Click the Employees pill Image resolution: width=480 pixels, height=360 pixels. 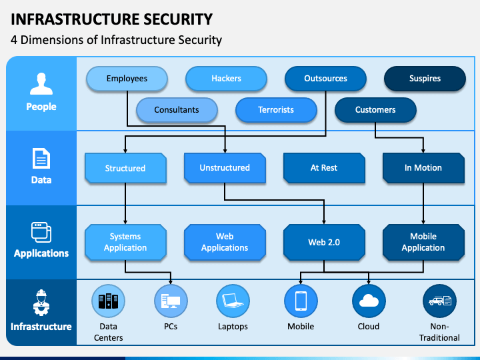tap(127, 79)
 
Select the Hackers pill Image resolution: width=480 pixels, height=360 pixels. tap(226, 79)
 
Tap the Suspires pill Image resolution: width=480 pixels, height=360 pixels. tap(425, 79)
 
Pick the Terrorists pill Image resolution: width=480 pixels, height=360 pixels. tap(276, 110)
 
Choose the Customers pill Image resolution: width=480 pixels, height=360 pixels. tap(375, 110)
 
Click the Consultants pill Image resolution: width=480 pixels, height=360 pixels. tap(177, 110)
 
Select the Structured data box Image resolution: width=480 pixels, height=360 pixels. tap(125, 168)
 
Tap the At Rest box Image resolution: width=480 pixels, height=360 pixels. tap(324, 168)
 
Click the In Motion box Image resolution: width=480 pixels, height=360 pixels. tap(423, 168)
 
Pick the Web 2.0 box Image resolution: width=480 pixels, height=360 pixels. tap(324, 242)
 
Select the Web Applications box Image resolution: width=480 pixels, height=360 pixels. tap(225, 242)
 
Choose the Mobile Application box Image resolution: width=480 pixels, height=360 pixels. tap(423, 242)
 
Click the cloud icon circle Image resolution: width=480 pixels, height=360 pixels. tap(369, 301)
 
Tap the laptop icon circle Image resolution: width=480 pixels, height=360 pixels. tap(233, 301)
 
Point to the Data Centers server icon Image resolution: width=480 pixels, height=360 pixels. tap(109, 301)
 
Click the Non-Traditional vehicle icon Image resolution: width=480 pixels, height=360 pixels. tap(439, 301)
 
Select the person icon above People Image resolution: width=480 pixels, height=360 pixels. tap(41, 83)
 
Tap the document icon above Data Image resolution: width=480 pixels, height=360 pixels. tap(41, 158)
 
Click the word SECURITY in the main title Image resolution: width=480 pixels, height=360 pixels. tap(178, 19)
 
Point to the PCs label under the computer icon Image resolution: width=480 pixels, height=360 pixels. tap(171, 327)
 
